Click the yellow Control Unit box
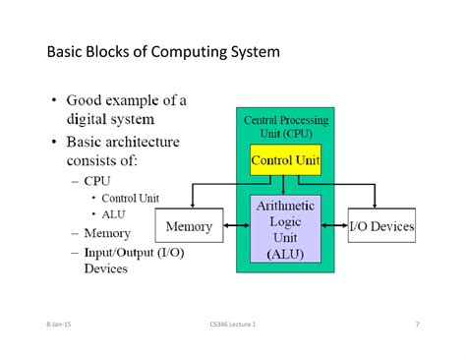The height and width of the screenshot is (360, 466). point(285,160)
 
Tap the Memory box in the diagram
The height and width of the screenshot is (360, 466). point(189,226)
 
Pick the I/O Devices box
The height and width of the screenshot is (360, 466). point(381,226)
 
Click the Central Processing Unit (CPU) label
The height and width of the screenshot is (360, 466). point(285,126)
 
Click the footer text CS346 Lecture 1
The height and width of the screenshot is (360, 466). point(233,324)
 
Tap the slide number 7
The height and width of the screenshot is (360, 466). point(417,324)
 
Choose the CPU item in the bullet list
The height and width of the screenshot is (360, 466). point(97,181)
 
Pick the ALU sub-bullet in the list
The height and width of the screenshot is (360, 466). point(114,214)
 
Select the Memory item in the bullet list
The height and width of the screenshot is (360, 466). point(106,233)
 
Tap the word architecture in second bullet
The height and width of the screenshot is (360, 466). point(145,142)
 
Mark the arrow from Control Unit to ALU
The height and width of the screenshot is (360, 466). point(285,185)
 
